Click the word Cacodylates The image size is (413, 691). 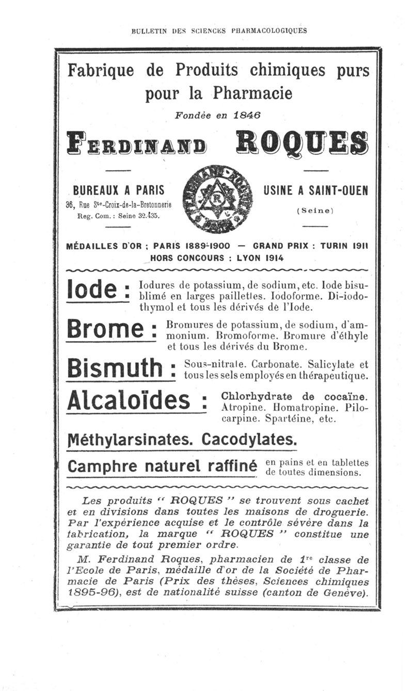point(249,440)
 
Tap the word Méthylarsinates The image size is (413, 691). point(132,440)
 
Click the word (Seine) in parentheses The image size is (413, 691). point(315,211)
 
